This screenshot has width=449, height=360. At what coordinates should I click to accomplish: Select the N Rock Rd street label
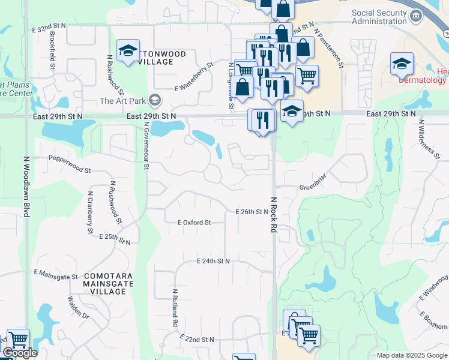274,215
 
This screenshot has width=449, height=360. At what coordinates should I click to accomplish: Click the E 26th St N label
252,212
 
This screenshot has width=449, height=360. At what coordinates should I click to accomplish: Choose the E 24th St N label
214,261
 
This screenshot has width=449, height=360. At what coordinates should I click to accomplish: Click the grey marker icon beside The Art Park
155,99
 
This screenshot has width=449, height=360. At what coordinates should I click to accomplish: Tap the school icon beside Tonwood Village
127,52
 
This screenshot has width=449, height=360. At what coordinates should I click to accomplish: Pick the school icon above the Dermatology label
402,64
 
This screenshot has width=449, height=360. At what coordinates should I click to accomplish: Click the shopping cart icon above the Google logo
17,340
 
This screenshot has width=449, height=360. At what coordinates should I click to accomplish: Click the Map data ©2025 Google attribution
411,355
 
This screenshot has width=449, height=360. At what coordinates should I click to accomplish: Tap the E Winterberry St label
194,77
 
